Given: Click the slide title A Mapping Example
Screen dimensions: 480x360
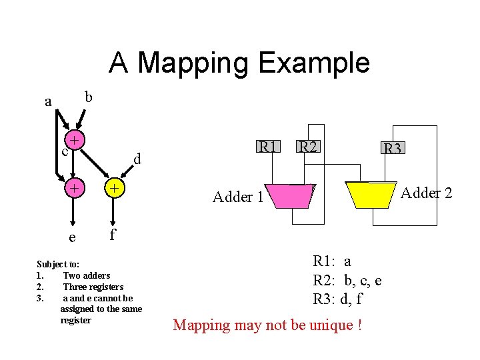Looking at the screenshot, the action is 239,63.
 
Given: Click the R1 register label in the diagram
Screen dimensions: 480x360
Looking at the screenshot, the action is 269,146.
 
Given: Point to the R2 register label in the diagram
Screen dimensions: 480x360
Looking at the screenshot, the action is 308,146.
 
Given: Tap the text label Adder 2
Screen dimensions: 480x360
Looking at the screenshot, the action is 426,193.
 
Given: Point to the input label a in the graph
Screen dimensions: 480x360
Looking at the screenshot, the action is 47,102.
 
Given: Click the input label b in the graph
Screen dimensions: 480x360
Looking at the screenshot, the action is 88,97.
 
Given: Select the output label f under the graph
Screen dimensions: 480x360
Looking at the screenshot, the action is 112,234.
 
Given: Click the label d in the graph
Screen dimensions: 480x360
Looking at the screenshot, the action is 137,159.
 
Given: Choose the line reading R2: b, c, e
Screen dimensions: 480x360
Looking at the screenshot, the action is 347,280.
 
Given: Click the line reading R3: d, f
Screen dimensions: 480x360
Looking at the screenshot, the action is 337,299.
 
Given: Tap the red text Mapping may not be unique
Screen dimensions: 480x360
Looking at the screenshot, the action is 267,325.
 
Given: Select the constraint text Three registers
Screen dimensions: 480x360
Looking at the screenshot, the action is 93,287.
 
